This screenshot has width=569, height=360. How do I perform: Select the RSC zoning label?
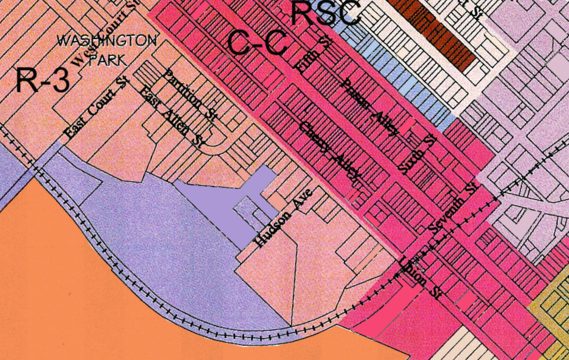coord(327,13)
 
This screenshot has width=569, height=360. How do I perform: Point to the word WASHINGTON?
coord(107,41)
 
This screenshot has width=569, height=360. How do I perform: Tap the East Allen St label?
coord(172,117)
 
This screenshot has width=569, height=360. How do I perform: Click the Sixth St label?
coord(417,154)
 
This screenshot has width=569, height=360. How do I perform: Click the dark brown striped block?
coord(440,30)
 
